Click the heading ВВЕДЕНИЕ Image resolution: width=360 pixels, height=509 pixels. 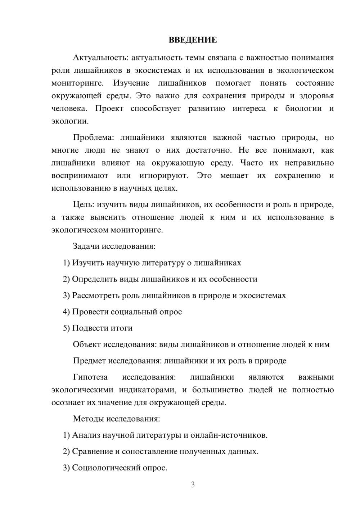[193, 40]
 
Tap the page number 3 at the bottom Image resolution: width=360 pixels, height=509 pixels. [193, 485]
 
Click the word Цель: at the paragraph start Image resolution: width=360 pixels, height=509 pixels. [84, 204]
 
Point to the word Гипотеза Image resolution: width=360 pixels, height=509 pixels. [90, 377]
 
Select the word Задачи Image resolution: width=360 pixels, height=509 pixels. [86, 247]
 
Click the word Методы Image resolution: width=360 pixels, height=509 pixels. [87, 419]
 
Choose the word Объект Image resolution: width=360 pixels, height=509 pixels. [87, 344]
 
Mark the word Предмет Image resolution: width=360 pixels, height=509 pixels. [89, 361]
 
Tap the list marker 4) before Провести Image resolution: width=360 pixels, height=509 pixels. [66, 312]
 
